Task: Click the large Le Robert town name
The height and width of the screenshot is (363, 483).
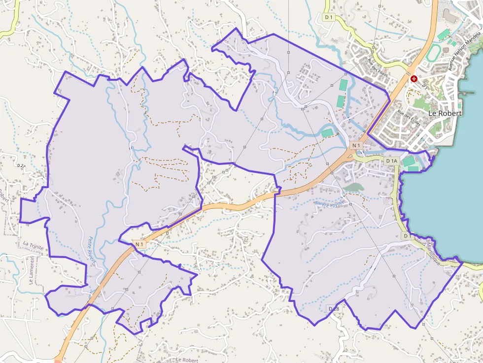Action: pos(445,113)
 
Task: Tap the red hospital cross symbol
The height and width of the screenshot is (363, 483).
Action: pos(414,78)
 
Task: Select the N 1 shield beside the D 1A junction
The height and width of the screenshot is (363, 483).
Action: pos(357,145)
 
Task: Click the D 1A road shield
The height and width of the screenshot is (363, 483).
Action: pos(392,161)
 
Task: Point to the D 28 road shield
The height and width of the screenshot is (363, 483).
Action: pos(334,308)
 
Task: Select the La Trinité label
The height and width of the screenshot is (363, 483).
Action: pos(33,244)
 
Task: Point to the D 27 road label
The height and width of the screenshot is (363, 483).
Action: pos(21,166)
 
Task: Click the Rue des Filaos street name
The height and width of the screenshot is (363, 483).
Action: pos(378,67)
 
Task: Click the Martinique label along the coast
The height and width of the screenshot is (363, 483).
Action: pos(433,253)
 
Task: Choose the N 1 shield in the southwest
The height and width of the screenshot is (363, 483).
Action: pos(139,244)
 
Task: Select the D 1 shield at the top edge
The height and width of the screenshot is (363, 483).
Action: pos(329,17)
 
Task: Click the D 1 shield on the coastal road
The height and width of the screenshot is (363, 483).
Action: pos(407,236)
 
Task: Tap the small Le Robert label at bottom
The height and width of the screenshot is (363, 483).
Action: pos(187,360)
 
